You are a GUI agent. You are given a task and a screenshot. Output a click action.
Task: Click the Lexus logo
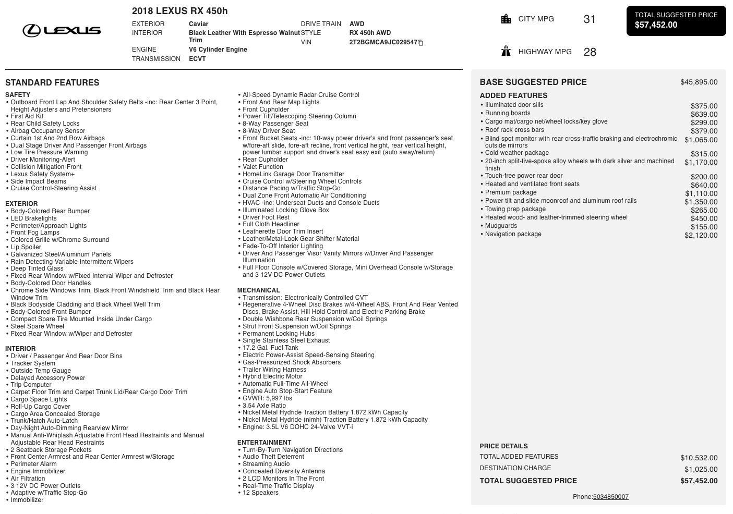pyautogui.click(x=62, y=31)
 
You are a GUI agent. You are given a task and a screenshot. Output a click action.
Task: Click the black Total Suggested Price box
pyautogui.click(x=676, y=21)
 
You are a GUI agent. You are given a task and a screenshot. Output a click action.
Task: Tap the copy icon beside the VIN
pyautogui.click(x=420, y=43)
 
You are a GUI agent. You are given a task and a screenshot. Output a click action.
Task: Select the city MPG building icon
pyautogui.click(x=506, y=19)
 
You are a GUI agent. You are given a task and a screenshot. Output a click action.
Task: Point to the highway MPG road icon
pyautogui.click(x=506, y=51)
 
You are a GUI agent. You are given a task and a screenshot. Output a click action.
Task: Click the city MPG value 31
pyautogui.click(x=590, y=20)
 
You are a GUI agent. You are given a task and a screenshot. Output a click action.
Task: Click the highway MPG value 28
pyautogui.click(x=590, y=52)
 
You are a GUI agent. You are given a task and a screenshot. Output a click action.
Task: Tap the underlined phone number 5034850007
pyautogui.click(x=610, y=497)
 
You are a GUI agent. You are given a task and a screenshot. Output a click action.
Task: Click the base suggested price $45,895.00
pyautogui.click(x=699, y=82)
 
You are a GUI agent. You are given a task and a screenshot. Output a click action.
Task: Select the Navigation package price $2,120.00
pyautogui.click(x=701, y=235)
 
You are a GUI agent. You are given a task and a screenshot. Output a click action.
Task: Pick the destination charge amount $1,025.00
pyautogui.click(x=701, y=469)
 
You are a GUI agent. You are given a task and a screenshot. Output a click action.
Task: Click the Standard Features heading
pyautogui.click(x=52, y=83)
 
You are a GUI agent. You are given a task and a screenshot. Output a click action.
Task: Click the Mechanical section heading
pyautogui.click(x=258, y=290)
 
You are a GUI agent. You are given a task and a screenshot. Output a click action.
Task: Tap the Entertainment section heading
pyautogui.click(x=264, y=443)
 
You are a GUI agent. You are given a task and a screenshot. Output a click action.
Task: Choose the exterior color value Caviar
pyautogui.click(x=198, y=24)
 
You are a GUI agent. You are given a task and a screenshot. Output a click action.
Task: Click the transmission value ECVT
pyautogui.click(x=197, y=59)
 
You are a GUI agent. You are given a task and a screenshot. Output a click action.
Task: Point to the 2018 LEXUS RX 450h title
pyautogui.click(x=179, y=11)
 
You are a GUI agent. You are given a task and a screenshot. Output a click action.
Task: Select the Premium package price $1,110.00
pyautogui.click(x=701, y=193)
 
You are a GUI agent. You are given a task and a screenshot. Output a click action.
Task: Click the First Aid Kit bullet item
pyautogui.click(x=27, y=117)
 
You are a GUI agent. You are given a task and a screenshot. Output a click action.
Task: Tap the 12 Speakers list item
pyautogui.click(x=260, y=493)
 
